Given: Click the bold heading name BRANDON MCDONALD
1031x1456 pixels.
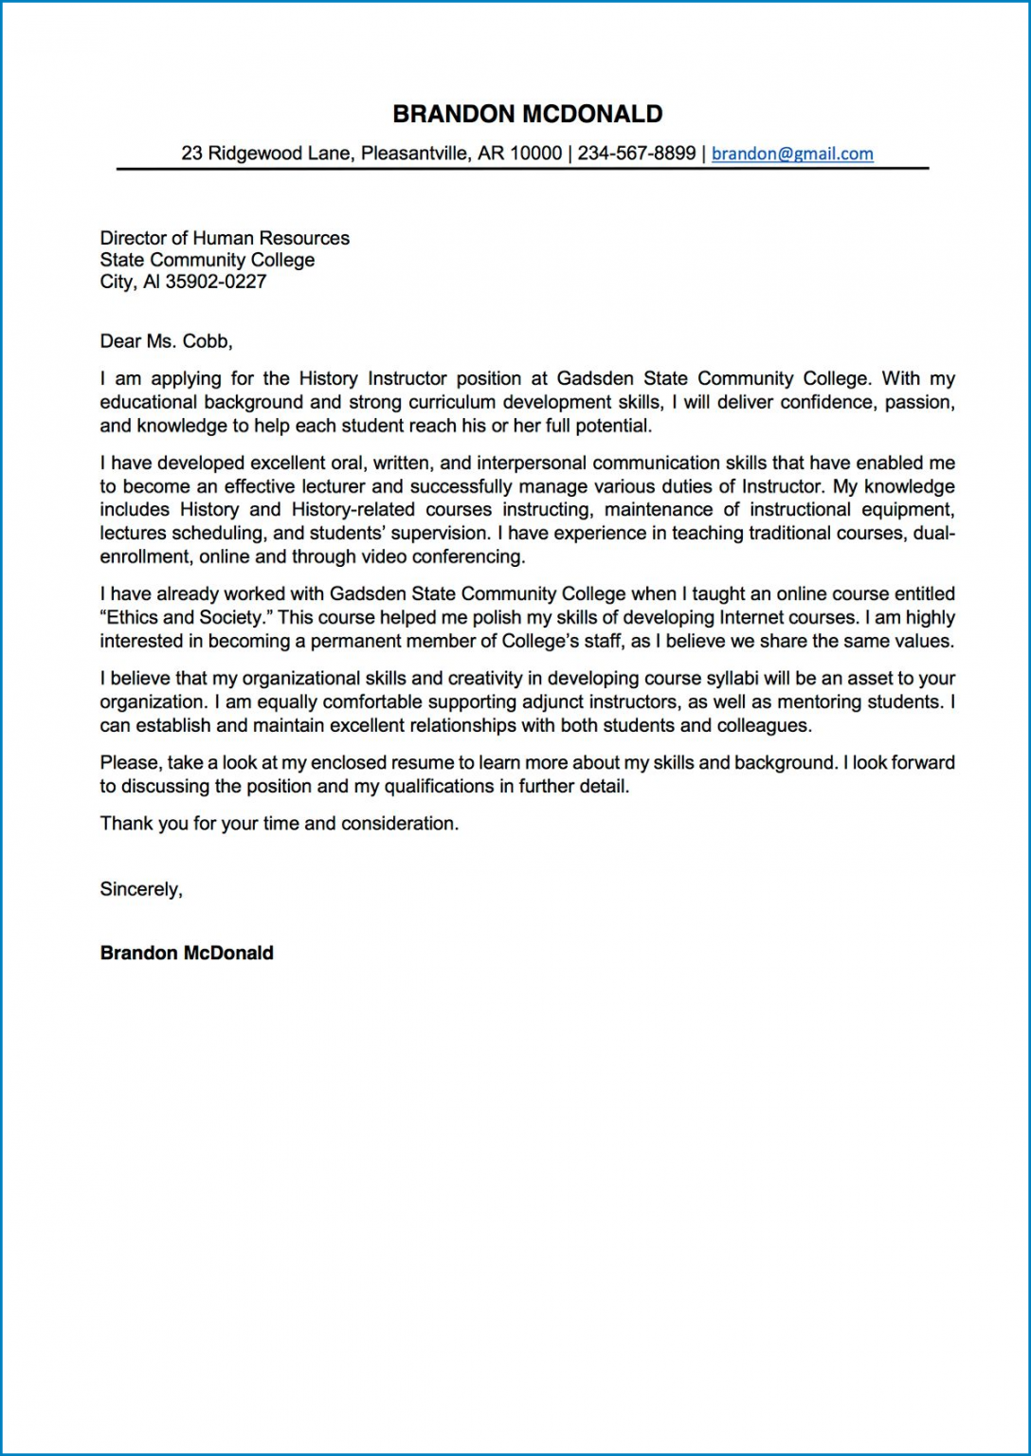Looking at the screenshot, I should pyautogui.click(x=527, y=114).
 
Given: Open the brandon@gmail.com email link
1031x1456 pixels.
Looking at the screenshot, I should pyautogui.click(x=792, y=154).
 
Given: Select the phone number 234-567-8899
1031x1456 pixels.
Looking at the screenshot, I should pyautogui.click(x=636, y=154).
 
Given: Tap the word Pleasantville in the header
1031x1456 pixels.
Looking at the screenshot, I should pyautogui.click(x=414, y=154).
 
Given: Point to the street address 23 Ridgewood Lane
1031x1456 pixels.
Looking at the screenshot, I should pyautogui.click(x=264, y=154).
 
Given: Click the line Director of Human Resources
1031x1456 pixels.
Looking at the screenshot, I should pyautogui.click(x=225, y=238).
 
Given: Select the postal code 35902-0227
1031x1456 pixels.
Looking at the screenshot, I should pyautogui.click(x=216, y=282).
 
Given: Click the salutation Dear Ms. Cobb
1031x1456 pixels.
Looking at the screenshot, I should pyautogui.click(x=166, y=341).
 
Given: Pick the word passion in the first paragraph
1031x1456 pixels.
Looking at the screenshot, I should pyautogui.click(x=918, y=402).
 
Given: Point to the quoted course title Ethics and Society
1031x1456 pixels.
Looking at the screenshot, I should pyautogui.click(x=181, y=617).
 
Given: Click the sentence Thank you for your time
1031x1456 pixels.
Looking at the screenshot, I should pyautogui.click(x=279, y=824).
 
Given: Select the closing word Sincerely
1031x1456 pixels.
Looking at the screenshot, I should pyautogui.click(x=140, y=889).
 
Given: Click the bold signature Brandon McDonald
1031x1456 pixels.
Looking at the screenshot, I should pyautogui.click(x=187, y=954).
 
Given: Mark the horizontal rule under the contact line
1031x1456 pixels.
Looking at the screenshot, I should pyautogui.click(x=522, y=169).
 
